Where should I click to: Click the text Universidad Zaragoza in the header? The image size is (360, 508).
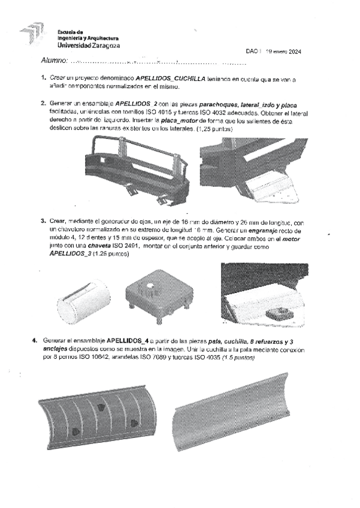pyautogui.click(x=88, y=45)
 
